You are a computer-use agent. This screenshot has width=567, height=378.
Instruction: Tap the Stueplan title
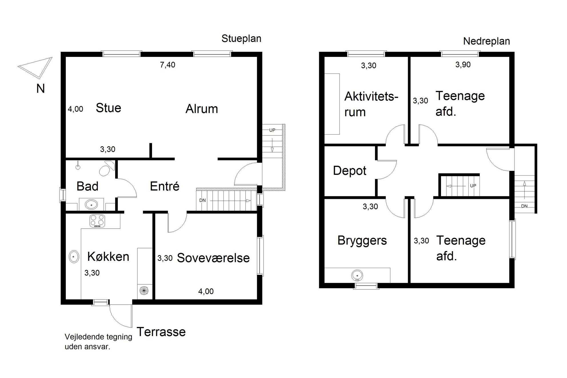[241, 39]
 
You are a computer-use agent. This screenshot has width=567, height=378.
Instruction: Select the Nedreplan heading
[486, 41]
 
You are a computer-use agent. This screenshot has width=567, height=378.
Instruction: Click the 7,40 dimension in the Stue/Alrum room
[167, 65]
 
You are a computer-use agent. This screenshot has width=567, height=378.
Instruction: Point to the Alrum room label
[201, 109]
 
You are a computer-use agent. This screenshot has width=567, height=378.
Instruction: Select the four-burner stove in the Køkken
[97, 221]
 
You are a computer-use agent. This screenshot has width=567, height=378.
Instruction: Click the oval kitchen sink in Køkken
[74, 257]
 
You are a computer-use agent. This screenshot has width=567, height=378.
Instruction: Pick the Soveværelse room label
[213, 258]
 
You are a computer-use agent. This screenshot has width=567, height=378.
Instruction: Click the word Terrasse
[161, 332]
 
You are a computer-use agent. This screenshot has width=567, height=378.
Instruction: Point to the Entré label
[165, 186]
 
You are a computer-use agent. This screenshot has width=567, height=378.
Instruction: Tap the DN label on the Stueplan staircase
[202, 200]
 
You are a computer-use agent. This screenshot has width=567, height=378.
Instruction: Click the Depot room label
[350, 171]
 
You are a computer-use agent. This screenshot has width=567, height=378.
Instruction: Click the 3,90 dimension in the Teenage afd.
[463, 65]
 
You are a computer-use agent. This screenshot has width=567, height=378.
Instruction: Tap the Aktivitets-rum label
[371, 104]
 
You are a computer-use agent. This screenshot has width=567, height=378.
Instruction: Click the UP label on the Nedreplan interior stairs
[473, 186]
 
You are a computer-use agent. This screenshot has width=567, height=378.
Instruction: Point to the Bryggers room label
[362, 241]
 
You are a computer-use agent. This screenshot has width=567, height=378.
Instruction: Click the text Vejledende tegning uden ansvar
[98, 342]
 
